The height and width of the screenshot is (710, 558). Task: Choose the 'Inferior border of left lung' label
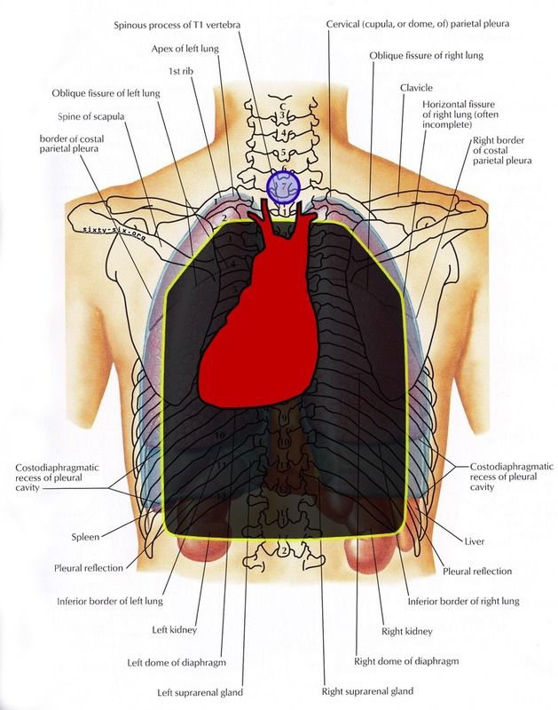pos(131,599)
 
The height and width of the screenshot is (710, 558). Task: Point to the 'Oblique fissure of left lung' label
pos(105,91)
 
